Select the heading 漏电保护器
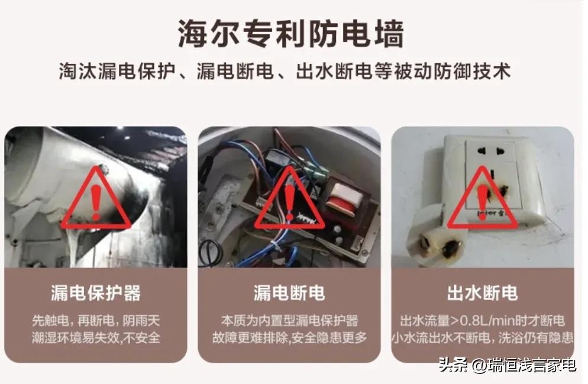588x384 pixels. [x=96, y=293]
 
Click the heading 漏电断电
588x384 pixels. [x=289, y=293]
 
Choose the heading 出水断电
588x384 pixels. [x=483, y=293]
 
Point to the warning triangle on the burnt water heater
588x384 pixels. [x=96, y=199]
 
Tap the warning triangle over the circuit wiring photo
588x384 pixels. [x=289, y=199]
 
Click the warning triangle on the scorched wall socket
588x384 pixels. [x=483, y=199]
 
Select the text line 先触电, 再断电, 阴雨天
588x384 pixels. [x=96, y=321]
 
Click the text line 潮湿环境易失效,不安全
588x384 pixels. [x=96, y=338]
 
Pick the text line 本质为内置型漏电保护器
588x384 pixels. [x=289, y=321]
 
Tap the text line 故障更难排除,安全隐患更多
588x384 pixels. [x=289, y=338]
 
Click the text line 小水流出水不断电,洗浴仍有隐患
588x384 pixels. [x=483, y=338]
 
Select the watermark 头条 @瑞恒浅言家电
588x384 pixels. [x=507, y=365]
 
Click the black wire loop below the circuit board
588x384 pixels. [x=210, y=253]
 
